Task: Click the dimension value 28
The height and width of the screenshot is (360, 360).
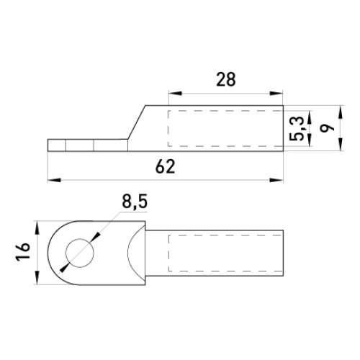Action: (x=226, y=80)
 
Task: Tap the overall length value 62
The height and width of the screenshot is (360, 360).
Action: (x=165, y=166)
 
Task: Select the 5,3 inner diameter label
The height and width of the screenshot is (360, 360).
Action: (x=297, y=129)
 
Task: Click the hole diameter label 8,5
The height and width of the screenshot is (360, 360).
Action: (x=135, y=202)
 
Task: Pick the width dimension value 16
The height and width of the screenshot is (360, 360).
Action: (x=23, y=251)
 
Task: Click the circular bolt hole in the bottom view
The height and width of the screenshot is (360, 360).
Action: (x=80, y=253)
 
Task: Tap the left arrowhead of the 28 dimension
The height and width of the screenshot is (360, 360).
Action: (x=175, y=94)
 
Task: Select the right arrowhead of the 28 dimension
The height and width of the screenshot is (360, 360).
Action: (x=276, y=94)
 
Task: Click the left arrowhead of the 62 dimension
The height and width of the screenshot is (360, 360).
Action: (x=54, y=180)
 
